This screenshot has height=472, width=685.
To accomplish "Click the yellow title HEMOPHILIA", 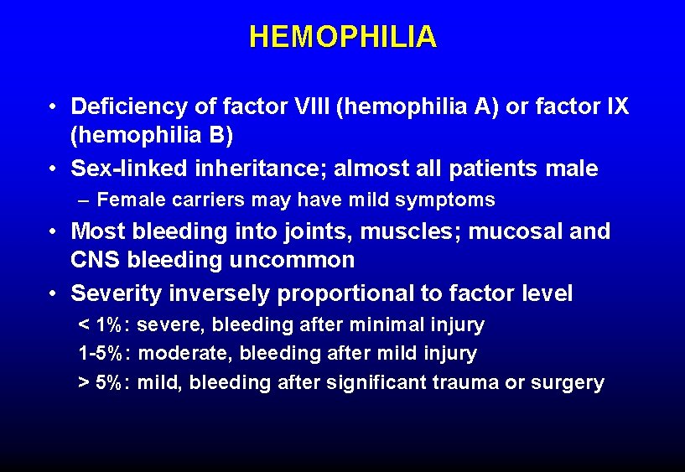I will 342,37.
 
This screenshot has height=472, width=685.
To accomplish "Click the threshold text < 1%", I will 100,324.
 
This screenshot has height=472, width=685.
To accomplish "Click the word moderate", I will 178,354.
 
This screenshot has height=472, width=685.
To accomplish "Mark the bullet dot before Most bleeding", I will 53,232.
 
